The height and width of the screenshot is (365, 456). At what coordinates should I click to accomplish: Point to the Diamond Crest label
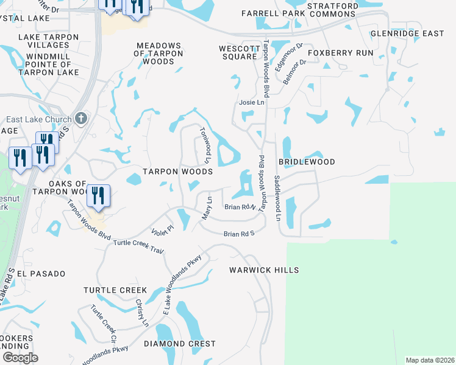click(180, 344)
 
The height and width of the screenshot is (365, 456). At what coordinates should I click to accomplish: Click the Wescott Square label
click(238, 52)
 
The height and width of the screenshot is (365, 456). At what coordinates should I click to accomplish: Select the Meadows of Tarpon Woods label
click(159, 54)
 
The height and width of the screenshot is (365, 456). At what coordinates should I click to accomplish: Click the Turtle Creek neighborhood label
click(115, 290)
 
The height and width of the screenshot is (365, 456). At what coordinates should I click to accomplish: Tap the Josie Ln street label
click(251, 103)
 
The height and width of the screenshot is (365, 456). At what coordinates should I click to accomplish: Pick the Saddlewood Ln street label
click(277, 198)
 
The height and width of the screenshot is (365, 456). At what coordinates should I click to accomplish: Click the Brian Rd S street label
click(238, 234)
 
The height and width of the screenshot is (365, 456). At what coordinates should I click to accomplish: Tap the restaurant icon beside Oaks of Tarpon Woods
click(98, 195)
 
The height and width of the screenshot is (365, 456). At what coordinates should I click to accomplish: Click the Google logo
click(20, 358)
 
